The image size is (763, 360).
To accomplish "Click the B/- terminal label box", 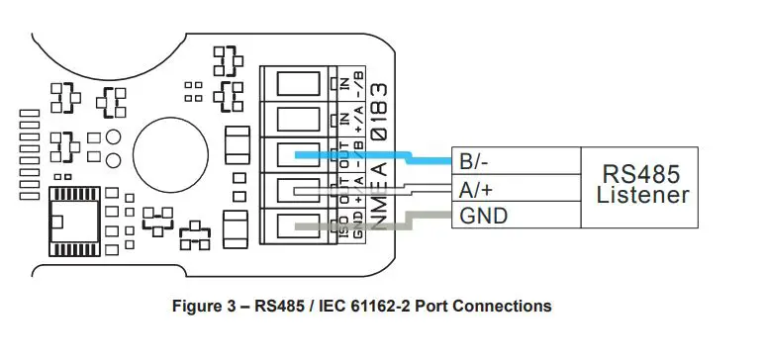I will (x=514, y=161).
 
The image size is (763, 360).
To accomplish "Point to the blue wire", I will (x=386, y=156).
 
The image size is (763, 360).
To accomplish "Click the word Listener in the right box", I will (x=642, y=196).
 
